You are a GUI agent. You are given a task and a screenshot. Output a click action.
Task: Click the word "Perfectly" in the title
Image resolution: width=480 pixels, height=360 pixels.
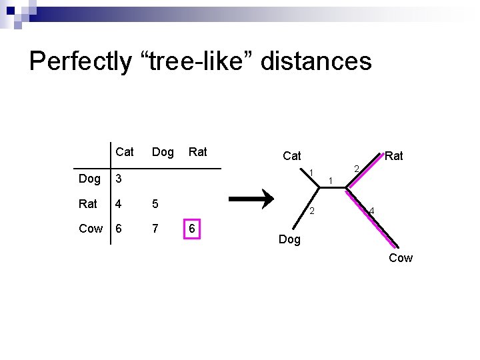[81, 61]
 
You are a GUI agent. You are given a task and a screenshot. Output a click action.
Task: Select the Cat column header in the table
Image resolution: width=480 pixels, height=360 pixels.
[124, 152]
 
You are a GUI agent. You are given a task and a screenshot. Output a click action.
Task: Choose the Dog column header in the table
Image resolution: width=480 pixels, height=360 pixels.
[163, 152]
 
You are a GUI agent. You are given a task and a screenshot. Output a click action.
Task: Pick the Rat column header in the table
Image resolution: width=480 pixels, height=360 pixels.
[198, 152]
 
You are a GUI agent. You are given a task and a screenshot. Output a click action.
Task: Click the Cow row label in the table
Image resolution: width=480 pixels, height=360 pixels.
[91, 229]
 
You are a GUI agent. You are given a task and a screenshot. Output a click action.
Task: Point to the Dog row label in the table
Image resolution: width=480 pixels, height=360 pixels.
[90, 179]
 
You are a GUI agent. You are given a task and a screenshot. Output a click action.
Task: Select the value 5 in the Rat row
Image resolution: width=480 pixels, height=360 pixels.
[155, 203]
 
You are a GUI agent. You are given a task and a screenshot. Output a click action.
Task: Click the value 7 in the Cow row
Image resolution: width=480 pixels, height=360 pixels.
[155, 229]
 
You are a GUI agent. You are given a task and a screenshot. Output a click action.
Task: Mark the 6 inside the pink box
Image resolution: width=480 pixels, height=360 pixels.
[192, 229]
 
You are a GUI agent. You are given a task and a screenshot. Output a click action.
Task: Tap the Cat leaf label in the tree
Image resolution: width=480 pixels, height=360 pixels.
[292, 156]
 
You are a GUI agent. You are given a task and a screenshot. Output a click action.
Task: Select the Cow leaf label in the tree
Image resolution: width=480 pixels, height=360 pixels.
[401, 258]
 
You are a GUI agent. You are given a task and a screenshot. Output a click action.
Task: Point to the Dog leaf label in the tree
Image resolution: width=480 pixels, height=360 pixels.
[289, 239]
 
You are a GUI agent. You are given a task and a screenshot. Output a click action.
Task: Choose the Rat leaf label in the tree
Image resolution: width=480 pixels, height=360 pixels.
[394, 156]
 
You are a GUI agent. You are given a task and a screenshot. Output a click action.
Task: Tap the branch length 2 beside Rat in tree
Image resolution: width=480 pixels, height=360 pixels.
[357, 169]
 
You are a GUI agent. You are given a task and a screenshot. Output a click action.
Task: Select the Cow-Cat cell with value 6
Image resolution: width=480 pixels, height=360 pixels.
[119, 229]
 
